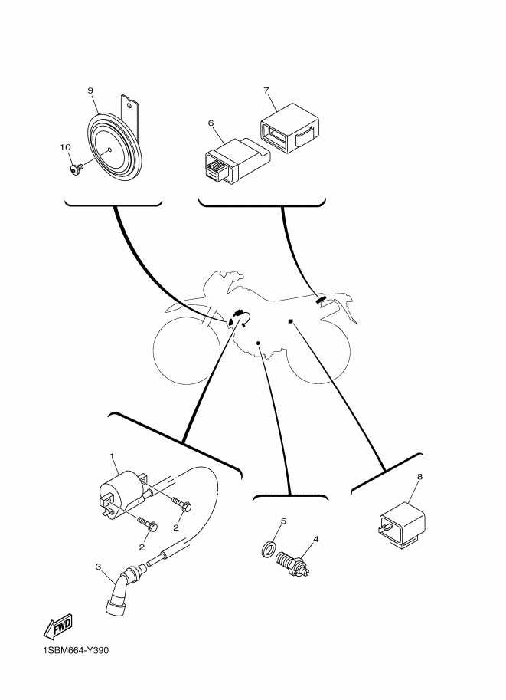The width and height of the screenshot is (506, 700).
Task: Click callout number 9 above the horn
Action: (x=90, y=91)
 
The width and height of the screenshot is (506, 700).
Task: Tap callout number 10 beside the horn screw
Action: (x=64, y=146)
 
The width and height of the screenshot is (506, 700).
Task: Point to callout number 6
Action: (x=211, y=123)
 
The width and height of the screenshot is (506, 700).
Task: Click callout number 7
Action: (x=266, y=91)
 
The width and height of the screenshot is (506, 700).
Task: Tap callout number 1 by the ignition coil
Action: (x=113, y=457)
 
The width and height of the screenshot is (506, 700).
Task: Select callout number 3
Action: (x=98, y=567)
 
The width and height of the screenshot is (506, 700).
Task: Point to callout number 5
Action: (x=282, y=521)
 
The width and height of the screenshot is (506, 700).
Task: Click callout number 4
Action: (x=316, y=539)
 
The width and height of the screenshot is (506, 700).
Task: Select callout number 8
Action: (x=419, y=477)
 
